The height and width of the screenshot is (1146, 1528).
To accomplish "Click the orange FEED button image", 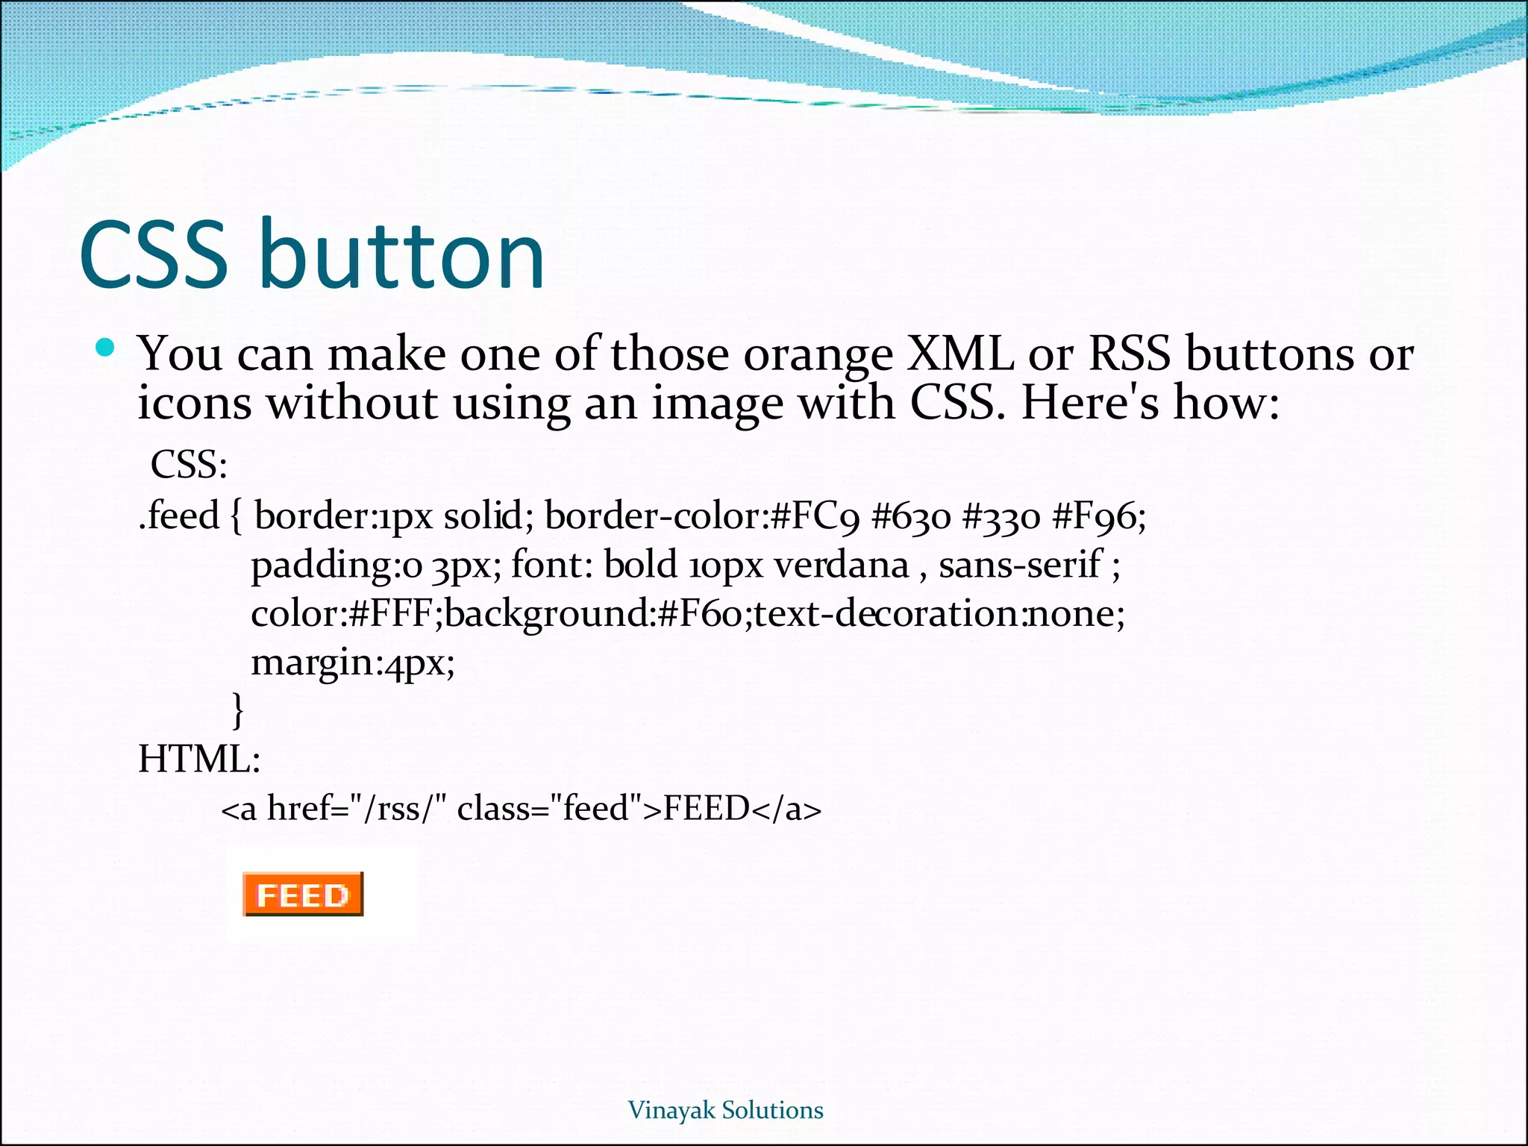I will click(302, 894).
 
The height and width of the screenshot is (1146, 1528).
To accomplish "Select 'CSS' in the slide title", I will click(153, 255).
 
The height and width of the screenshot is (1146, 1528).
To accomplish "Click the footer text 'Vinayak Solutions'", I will click(725, 1110).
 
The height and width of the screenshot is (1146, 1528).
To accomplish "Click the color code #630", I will click(911, 516).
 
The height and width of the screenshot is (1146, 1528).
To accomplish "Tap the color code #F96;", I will click(1098, 516).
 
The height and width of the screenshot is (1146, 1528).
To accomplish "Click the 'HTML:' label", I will click(199, 760).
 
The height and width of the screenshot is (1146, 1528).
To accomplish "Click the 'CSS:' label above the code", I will click(189, 465).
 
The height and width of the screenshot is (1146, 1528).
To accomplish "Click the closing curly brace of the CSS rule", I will click(238, 710).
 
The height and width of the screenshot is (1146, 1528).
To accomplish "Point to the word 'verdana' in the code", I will click(841, 565).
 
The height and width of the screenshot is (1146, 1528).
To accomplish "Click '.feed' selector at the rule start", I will click(179, 516).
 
